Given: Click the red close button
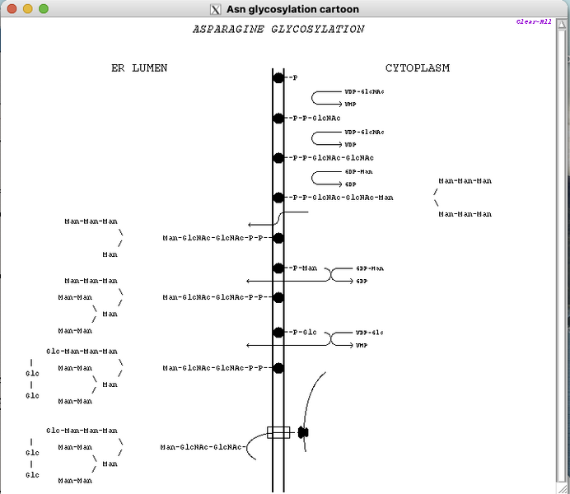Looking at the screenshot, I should point(12,9).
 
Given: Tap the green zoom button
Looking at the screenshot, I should point(44,9).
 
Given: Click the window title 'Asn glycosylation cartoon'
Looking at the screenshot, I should point(292,9).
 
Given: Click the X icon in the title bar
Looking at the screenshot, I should point(216,9).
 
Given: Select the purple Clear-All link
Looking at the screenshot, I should point(533,22).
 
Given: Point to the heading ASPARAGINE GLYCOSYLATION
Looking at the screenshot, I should point(278,30).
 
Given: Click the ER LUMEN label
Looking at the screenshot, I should point(139,68).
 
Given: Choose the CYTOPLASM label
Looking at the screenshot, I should point(418,68).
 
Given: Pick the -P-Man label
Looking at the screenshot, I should point(302,268).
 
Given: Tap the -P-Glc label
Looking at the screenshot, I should point(302,333).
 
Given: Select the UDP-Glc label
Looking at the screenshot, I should point(369,333).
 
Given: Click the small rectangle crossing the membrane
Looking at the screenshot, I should point(278,432).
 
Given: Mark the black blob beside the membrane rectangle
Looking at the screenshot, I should point(303,432).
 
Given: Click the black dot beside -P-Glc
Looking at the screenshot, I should point(278,333).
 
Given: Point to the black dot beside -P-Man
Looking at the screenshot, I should point(278,268).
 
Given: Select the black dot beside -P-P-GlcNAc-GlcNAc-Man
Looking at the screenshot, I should point(278,198).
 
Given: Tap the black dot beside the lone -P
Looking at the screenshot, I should point(278,77).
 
